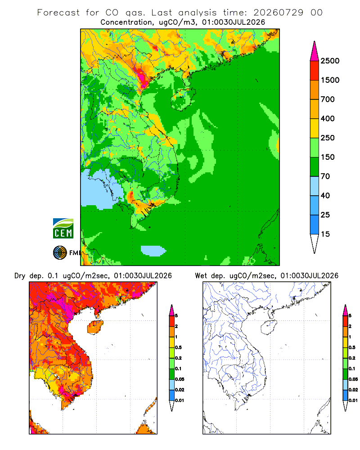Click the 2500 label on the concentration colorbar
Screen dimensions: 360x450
pos(330,61)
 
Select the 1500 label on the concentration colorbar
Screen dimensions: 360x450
pos(330,80)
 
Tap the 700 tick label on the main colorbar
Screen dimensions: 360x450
pos(328,99)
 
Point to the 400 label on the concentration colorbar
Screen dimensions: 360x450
pos(328,118)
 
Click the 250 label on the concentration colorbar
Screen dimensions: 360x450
pos(328,138)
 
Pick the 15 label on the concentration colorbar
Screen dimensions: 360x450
pos(325,234)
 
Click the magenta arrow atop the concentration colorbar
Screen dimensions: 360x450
pos(315,51)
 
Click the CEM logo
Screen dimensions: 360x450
pos(63,229)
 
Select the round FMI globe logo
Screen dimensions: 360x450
pos(60,253)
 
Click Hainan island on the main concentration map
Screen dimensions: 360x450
pos(183,99)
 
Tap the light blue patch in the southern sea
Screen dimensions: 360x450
pos(153,251)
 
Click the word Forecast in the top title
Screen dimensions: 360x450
pos(58,13)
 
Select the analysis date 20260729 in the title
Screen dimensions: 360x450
pos(278,13)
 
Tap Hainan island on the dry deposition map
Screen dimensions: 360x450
pos(95,328)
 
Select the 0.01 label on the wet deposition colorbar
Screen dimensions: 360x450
pos(353,400)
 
